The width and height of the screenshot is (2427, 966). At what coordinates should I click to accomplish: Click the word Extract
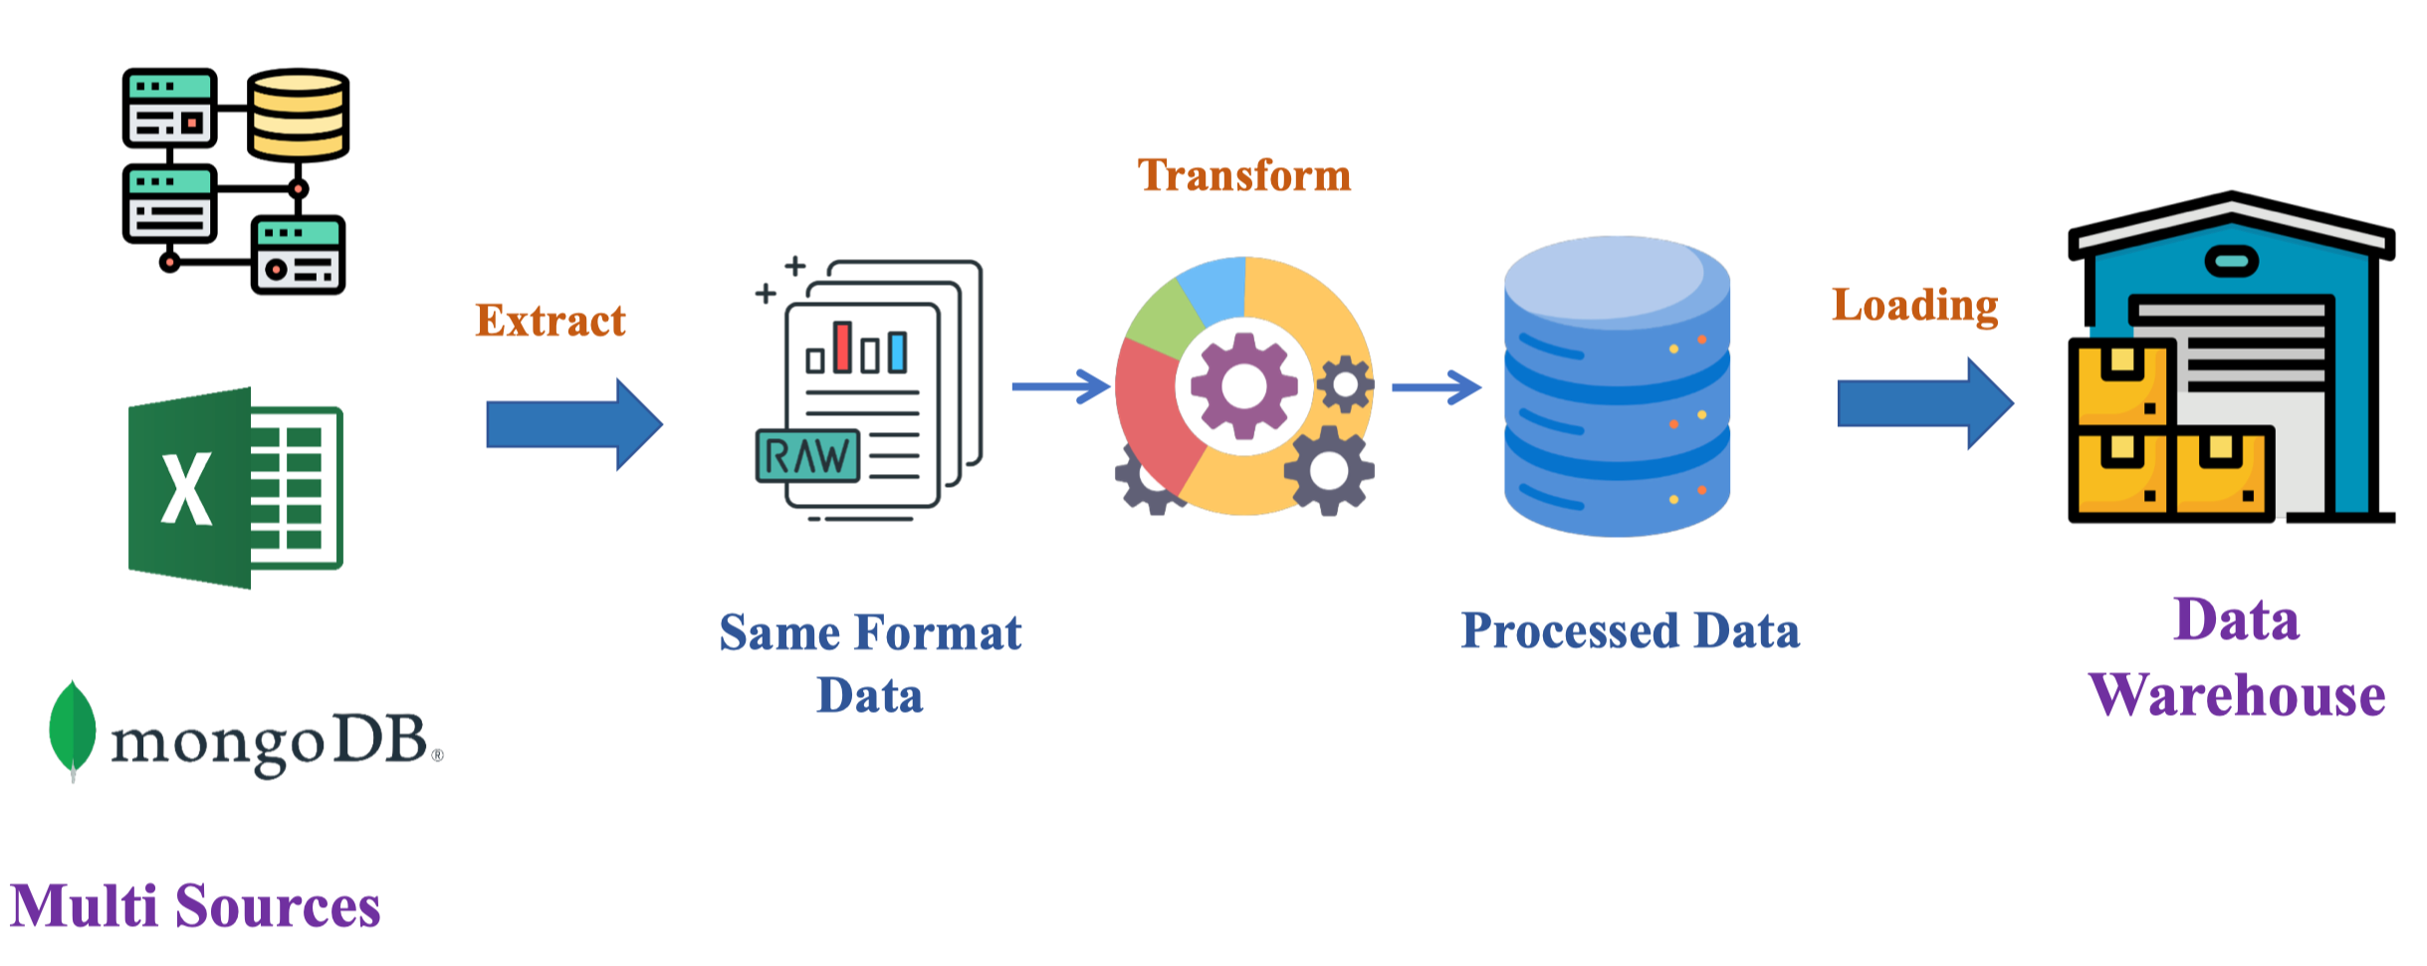pyautogui.click(x=551, y=321)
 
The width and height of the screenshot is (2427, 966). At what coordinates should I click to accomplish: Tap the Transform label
pyautogui.click(x=1243, y=175)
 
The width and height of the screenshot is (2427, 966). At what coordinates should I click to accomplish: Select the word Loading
pyautogui.click(x=1914, y=305)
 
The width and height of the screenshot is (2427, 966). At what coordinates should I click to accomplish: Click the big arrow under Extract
pyautogui.click(x=573, y=424)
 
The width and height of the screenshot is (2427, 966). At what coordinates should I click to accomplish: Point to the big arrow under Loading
pyautogui.click(x=1923, y=403)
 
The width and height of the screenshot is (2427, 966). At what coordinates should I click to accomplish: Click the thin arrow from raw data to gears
pyautogui.click(x=1060, y=386)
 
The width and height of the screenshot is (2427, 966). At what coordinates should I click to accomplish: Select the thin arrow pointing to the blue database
pyautogui.click(x=1435, y=386)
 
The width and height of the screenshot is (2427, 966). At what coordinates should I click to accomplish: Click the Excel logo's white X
pyautogui.click(x=186, y=488)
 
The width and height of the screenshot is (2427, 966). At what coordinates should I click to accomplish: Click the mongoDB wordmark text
pyautogui.click(x=269, y=742)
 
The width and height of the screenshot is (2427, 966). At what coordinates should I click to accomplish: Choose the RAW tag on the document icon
pyautogui.click(x=807, y=456)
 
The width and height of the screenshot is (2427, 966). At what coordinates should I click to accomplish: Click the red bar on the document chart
pyautogui.click(x=842, y=347)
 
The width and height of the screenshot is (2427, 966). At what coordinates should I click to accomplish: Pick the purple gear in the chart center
pyautogui.click(x=1243, y=385)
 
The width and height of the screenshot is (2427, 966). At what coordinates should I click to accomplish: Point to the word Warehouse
pyautogui.click(x=2236, y=695)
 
